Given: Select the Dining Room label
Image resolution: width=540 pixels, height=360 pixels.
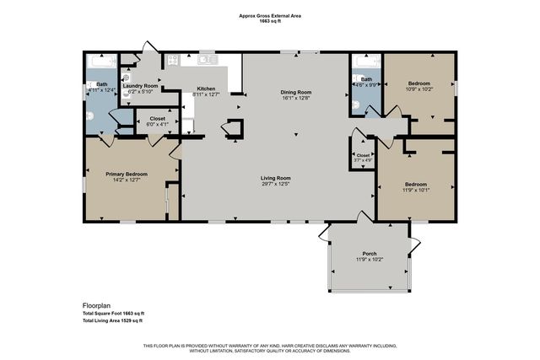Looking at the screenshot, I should pos(296,92).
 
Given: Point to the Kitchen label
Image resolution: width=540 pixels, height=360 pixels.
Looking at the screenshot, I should pos(207,89).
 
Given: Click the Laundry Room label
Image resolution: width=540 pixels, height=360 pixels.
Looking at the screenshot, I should pos(140,85).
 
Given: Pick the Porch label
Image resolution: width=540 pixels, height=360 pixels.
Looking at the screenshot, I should pos(370,253).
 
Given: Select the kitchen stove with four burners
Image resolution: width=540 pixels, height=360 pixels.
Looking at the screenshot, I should pos(173,60).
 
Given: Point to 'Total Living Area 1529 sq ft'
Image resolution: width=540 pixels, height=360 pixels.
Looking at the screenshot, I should pos(112,320).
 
